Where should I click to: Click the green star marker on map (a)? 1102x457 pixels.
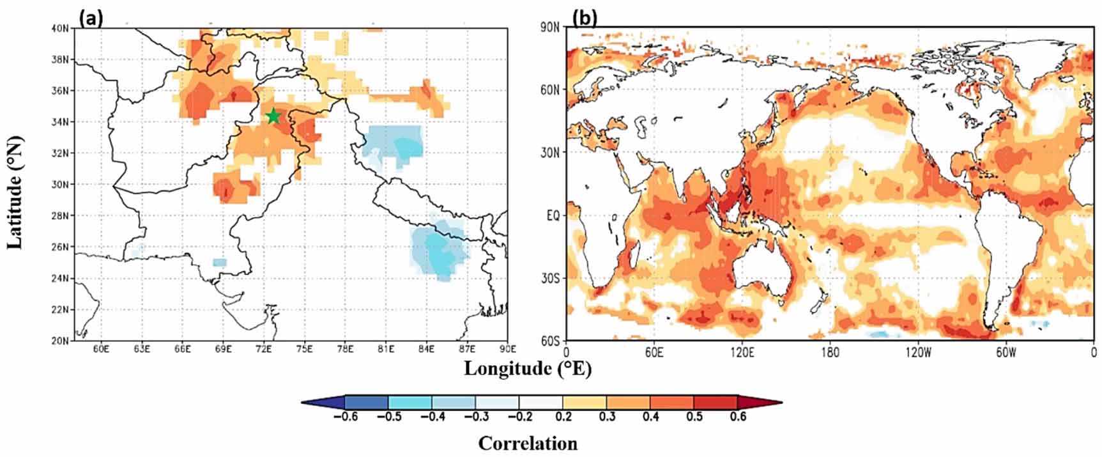[x=273, y=116]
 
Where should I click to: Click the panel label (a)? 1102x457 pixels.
[x=90, y=19]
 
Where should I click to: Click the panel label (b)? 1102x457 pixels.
[x=584, y=19]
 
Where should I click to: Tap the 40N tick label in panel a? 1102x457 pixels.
[x=61, y=28]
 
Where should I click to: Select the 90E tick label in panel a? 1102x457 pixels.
[x=507, y=349]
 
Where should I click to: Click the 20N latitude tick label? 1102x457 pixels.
[x=61, y=341]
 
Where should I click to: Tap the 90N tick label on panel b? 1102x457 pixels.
[x=550, y=28]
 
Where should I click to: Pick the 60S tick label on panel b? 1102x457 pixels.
[x=550, y=341]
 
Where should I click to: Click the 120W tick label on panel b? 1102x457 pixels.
[x=918, y=353]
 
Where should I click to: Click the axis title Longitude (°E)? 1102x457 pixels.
[x=527, y=368]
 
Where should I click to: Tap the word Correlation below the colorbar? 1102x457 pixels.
[x=527, y=443]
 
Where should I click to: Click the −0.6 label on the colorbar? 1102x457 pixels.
[x=345, y=417]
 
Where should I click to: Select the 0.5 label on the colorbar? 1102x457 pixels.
[x=694, y=417]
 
